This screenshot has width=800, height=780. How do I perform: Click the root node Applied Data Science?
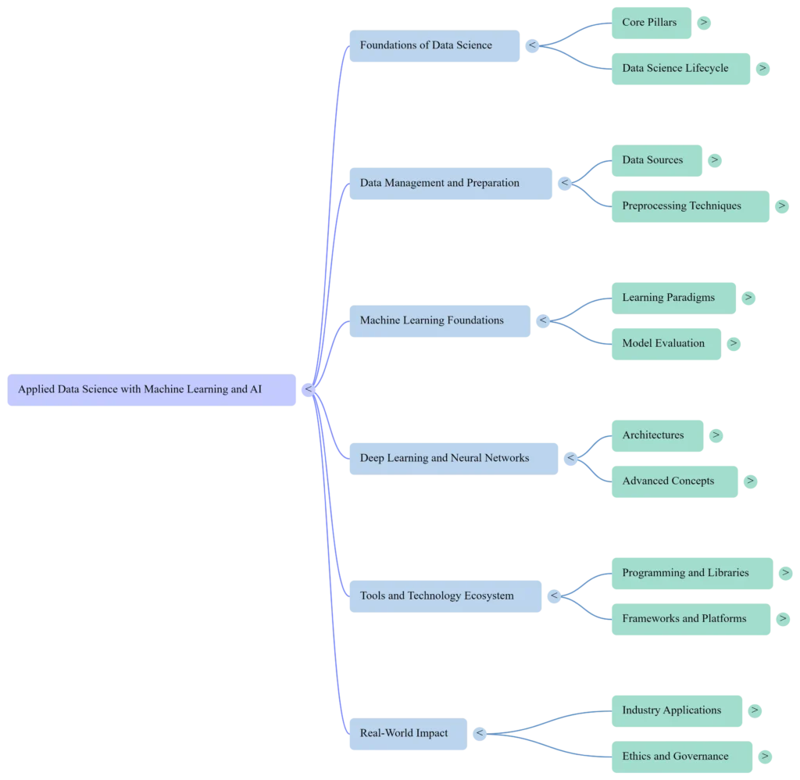pyautogui.click(x=152, y=390)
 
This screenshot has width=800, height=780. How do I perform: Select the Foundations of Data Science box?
pyautogui.click(x=434, y=46)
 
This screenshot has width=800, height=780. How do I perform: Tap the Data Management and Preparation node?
pyautogui.click(x=451, y=183)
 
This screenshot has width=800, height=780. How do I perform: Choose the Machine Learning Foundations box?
pyautogui.click(x=440, y=321)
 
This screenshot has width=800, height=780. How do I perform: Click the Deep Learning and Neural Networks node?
pyautogui.click(x=454, y=459)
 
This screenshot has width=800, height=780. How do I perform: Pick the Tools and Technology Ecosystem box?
pyautogui.click(x=445, y=596)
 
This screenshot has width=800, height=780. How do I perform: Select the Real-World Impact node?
pyautogui.click(x=408, y=734)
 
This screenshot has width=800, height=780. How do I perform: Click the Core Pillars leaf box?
pyautogui.click(x=652, y=23)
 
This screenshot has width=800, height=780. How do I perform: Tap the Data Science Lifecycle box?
pyautogui.click(x=681, y=69)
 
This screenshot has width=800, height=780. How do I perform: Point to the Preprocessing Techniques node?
pyautogui.click(x=691, y=206)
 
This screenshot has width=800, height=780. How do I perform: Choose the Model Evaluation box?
pyautogui.click(x=666, y=344)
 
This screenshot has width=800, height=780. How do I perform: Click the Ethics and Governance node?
pyautogui.click(x=682, y=757)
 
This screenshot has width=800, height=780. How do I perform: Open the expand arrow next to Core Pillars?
pyautogui.click(x=704, y=23)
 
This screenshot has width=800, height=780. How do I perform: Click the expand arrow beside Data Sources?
pyautogui.click(x=715, y=160)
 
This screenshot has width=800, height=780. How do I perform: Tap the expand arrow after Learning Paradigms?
pyautogui.click(x=748, y=298)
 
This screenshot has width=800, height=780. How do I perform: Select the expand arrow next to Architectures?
pyautogui.click(x=716, y=435)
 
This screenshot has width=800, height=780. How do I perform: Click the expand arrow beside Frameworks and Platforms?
pyautogui.click(x=783, y=619)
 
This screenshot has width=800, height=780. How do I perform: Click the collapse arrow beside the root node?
pyautogui.click(x=308, y=389)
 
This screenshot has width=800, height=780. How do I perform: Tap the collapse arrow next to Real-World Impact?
pyautogui.click(x=480, y=734)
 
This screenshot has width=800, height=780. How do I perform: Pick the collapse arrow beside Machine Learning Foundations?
pyautogui.click(x=543, y=320)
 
